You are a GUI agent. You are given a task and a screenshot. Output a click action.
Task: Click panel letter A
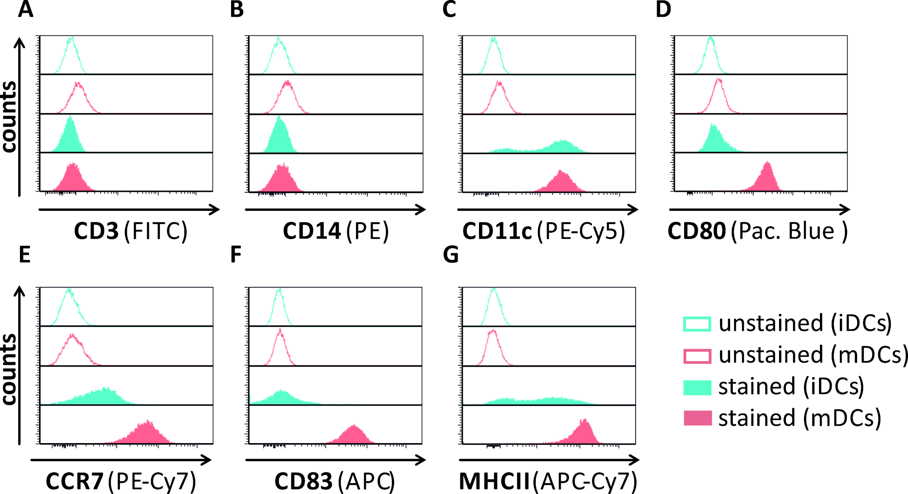(25, 10)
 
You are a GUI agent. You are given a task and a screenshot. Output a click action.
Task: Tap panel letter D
(663, 10)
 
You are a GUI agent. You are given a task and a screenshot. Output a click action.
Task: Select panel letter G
(450, 255)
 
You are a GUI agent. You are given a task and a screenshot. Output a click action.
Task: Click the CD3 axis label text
(96, 231)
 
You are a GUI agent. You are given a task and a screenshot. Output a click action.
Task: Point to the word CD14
(311, 231)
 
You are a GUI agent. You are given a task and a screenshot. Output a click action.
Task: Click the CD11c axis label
(497, 231)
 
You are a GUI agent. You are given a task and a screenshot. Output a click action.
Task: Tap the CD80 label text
(696, 231)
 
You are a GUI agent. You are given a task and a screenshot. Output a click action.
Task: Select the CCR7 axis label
(74, 481)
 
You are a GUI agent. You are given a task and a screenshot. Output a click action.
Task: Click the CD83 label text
(303, 481)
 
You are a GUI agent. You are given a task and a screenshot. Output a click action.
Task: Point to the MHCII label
(494, 481)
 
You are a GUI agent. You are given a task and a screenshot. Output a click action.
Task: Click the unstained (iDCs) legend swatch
(697, 324)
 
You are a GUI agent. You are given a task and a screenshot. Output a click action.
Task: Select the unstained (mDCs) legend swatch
(697, 355)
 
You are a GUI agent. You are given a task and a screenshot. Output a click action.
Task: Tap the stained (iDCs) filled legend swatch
(697, 387)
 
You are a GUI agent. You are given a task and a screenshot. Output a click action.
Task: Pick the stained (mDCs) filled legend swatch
(697, 418)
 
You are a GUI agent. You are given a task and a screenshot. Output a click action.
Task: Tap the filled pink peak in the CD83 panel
(354, 436)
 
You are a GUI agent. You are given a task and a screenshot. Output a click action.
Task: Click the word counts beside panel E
(9, 369)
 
